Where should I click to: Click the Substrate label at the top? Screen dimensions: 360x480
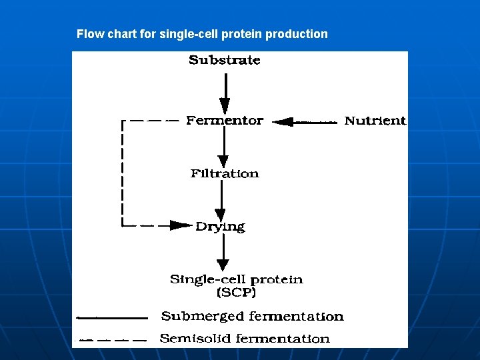(225, 60)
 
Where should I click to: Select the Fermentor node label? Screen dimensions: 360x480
(225, 121)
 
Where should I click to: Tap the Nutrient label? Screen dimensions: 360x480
(375, 121)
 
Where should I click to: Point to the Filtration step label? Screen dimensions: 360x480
(225, 174)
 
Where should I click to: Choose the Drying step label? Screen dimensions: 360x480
(220, 227)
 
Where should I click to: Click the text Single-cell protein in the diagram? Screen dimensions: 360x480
(236, 280)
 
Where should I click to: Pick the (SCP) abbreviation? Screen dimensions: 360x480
(236, 292)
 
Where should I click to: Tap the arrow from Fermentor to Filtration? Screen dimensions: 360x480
(225, 147)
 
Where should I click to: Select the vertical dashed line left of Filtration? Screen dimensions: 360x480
(123, 173)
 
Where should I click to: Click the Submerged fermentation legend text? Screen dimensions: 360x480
(252, 317)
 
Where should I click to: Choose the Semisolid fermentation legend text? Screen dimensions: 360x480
(245, 339)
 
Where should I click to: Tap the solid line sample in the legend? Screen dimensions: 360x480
(111, 317)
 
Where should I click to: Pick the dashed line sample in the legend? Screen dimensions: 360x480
(111, 340)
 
